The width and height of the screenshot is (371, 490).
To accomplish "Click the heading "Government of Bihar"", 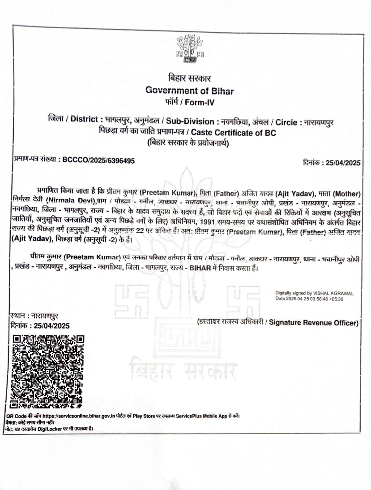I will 190,90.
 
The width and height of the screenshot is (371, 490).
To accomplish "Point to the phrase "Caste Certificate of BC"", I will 234,133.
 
